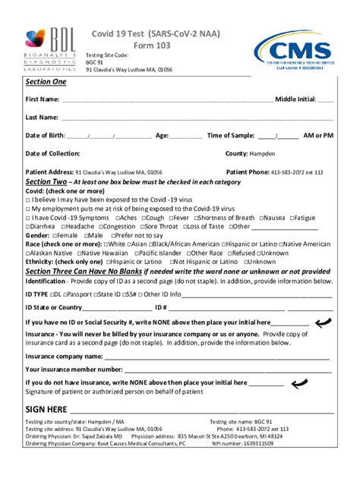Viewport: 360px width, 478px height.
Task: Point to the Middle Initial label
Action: coord(295,99)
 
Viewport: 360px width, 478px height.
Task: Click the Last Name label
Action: coord(42,118)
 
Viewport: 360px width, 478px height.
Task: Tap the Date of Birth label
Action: coord(45,136)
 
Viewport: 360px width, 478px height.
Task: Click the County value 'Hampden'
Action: coord(263,153)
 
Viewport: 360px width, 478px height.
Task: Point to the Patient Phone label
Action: coord(248,172)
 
